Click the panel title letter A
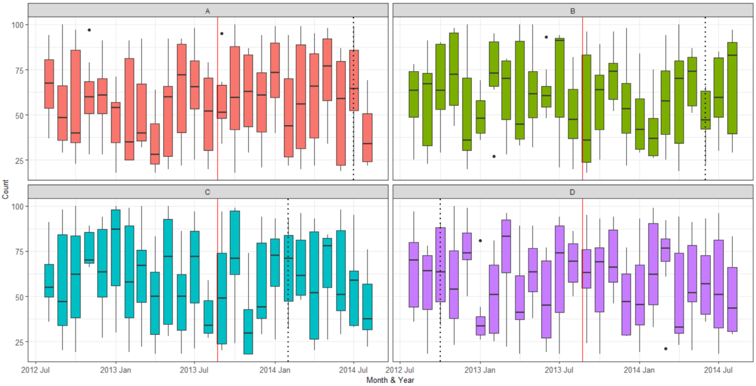coord(208,11)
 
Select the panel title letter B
coord(573,11)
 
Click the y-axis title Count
coord(6,189)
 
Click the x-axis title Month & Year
coord(390,380)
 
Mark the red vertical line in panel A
coord(217,101)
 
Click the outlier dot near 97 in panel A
coord(89,30)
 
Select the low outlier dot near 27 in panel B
coord(493,156)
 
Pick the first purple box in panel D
coord(414,275)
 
